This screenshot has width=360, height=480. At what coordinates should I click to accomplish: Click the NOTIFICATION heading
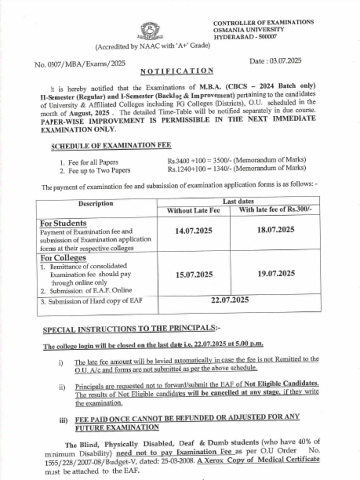pos(177,71)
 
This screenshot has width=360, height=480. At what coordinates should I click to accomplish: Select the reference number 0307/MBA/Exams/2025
pos(80,64)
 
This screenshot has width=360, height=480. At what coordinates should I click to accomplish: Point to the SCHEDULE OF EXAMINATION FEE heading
pos(111,146)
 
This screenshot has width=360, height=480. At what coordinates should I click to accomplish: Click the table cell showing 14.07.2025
pos(194,231)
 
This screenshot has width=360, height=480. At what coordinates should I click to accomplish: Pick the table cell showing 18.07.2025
pos(276,229)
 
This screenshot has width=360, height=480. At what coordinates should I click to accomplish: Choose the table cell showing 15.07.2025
pos(194,275)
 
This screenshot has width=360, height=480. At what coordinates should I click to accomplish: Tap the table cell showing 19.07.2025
pos(276,273)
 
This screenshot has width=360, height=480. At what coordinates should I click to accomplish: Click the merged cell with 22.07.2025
pos(230,300)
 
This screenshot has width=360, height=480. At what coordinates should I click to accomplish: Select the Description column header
pos(96,203)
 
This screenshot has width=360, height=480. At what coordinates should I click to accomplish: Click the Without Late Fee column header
pos(194,210)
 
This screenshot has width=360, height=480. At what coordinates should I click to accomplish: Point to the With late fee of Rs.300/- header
pos(276,210)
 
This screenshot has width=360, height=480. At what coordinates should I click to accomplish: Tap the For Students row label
pos(63,223)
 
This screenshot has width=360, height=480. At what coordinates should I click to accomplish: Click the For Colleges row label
pos(63,258)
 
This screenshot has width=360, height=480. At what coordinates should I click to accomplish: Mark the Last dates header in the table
pos(239,201)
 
